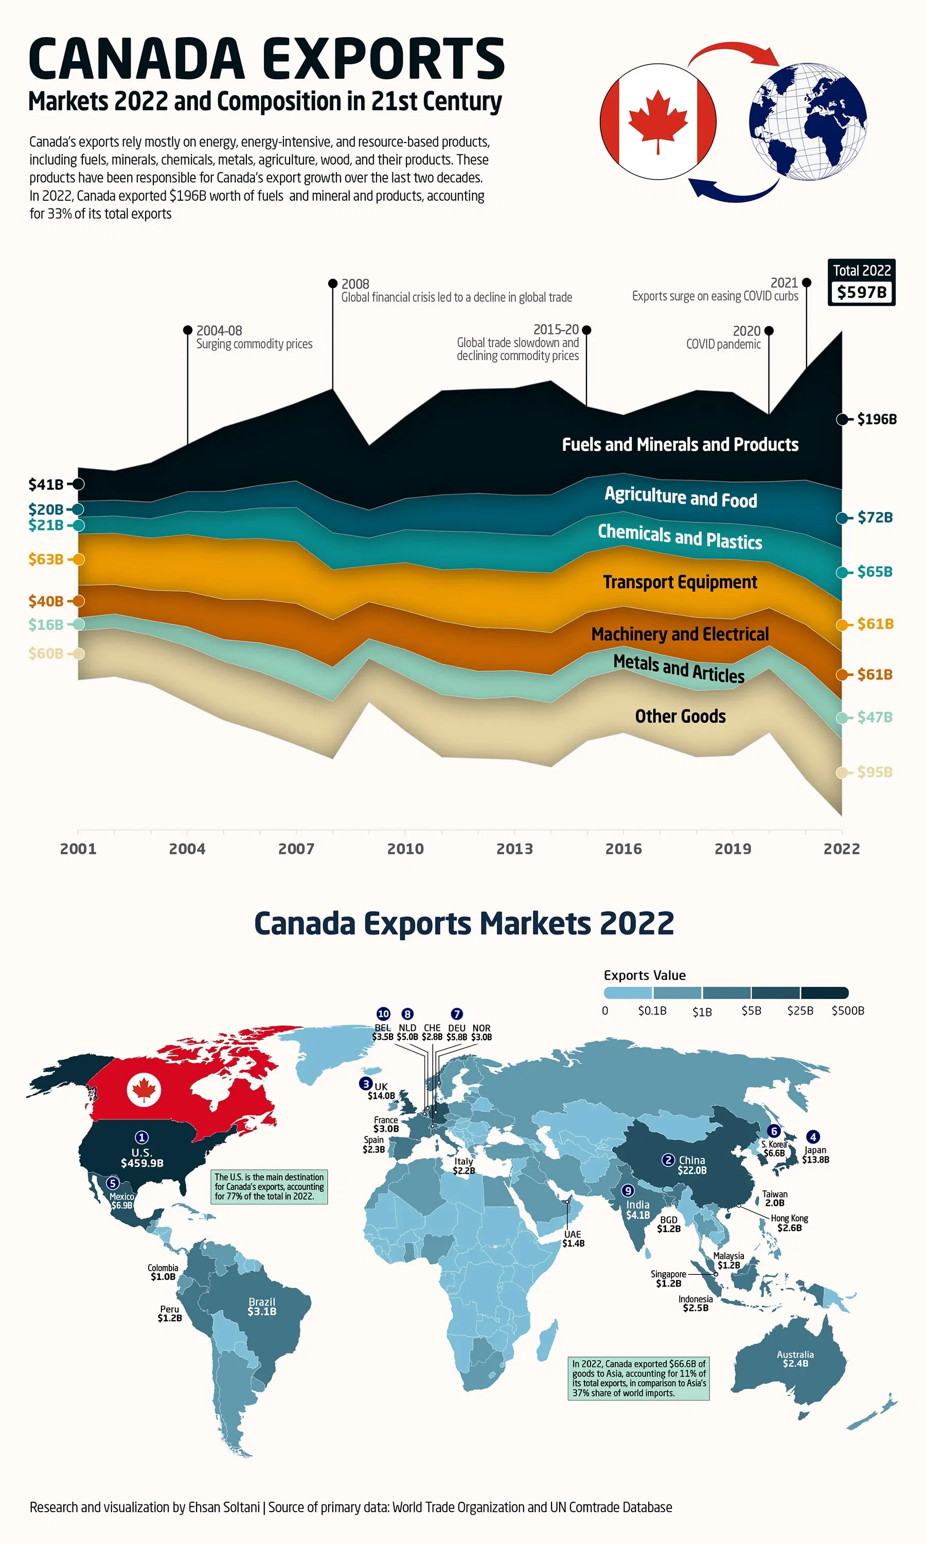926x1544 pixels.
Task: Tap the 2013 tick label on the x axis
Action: (x=514, y=849)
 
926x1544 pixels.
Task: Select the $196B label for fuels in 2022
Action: (x=876, y=419)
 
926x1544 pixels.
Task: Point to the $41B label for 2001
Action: (x=46, y=484)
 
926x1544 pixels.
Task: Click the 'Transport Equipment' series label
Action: (x=680, y=582)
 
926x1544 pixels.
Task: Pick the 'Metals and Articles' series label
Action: (x=679, y=669)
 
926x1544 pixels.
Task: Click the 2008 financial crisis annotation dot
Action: (x=332, y=284)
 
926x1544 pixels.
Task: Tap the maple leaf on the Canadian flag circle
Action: (x=657, y=121)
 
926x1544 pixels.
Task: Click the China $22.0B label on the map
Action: (x=691, y=1165)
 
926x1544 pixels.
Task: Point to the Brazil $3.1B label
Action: (x=261, y=1306)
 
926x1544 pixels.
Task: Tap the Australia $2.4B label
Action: (x=795, y=1359)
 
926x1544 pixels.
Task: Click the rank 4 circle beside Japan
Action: (x=812, y=1136)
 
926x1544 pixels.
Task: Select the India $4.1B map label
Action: (x=638, y=1209)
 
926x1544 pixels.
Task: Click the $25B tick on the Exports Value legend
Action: (x=800, y=1010)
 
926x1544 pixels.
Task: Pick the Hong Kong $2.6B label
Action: (x=789, y=1223)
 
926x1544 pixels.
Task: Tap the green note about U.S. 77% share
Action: (x=269, y=1186)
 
